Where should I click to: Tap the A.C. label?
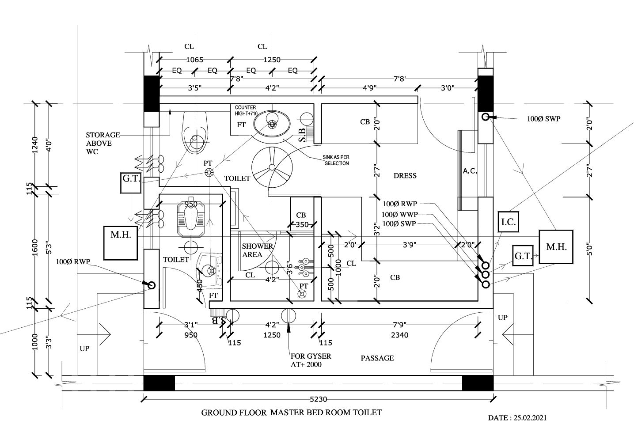coord(470,171)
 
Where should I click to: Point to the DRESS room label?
coord(405,175)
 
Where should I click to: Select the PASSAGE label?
coord(377,358)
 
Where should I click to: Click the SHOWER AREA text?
coord(257,250)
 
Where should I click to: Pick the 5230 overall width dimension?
coord(318,399)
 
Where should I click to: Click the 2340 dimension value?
coord(400,335)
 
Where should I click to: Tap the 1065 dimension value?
coord(194,60)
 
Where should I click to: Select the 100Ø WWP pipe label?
coord(400,214)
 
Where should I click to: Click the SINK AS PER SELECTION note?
coord(337,160)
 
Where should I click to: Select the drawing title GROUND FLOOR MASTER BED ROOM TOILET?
coord(291,413)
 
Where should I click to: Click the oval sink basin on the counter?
coord(273,123)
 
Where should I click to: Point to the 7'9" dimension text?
coord(400,325)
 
